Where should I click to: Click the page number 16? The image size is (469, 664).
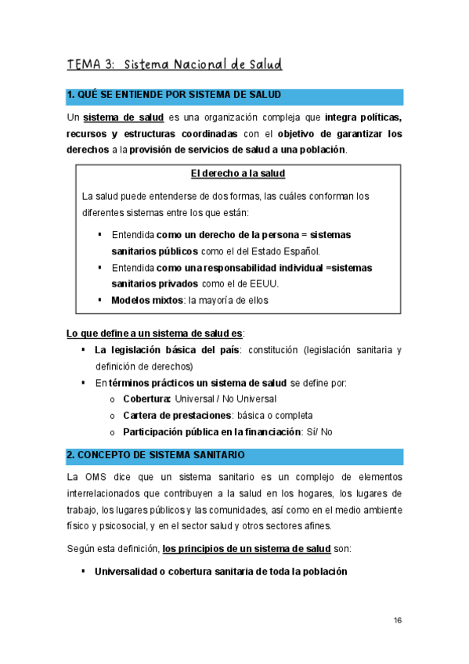click(398, 621)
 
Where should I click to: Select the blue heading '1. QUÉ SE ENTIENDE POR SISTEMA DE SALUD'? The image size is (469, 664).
click(173, 96)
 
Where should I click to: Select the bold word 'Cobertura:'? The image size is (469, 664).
click(148, 399)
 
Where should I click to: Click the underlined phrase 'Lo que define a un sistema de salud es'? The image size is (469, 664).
click(154, 334)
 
